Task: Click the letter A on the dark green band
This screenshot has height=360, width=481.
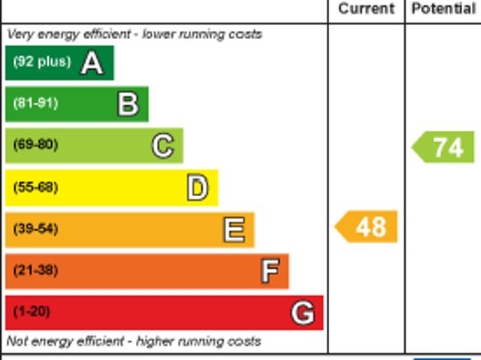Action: pyautogui.click(x=92, y=63)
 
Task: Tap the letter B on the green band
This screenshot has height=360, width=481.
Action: pyautogui.click(x=128, y=104)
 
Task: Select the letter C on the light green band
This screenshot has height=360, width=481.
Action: pyautogui.click(x=162, y=146)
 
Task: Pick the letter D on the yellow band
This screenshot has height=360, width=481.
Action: pyautogui.click(x=197, y=188)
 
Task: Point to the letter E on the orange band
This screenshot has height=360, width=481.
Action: pyautogui.click(x=234, y=229)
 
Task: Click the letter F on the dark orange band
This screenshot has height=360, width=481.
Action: pyautogui.click(x=269, y=271)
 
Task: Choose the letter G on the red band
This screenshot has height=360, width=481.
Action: pyautogui.click(x=303, y=312)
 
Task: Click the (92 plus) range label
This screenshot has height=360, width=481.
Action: pyautogui.click(x=41, y=62)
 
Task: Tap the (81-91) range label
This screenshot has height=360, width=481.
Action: pyautogui.click(x=35, y=104)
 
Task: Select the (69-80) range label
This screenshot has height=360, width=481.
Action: pyautogui.click(x=35, y=145)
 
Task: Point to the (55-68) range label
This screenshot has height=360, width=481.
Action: pyautogui.click(x=35, y=187)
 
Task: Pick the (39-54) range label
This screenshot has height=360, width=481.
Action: pyautogui.click(x=35, y=228)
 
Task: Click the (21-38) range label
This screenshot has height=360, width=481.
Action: pyautogui.click(x=35, y=270)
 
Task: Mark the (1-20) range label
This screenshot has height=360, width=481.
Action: pyautogui.click(x=32, y=311)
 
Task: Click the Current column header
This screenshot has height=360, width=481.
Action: pyautogui.click(x=366, y=9)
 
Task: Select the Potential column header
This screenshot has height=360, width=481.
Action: pyautogui.click(x=443, y=9)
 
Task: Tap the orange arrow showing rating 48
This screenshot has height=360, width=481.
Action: pyautogui.click(x=367, y=227)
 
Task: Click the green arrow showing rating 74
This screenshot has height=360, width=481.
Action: pyautogui.click(x=444, y=147)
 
